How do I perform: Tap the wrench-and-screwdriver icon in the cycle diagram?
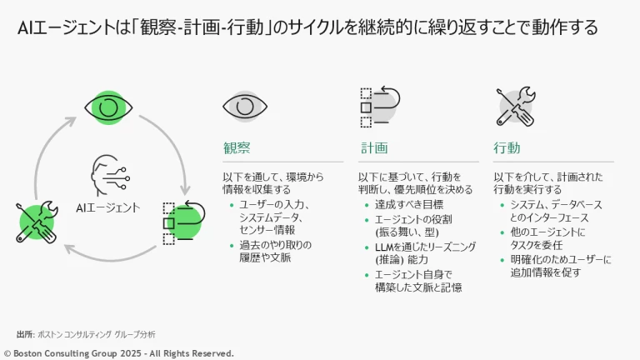pos(37,222)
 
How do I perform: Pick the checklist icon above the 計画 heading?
pos(380,106)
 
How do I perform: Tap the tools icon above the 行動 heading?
pos(514,107)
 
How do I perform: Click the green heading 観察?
pos(237,148)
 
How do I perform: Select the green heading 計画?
pos(374,148)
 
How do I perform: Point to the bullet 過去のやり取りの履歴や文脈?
pos(275,251)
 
